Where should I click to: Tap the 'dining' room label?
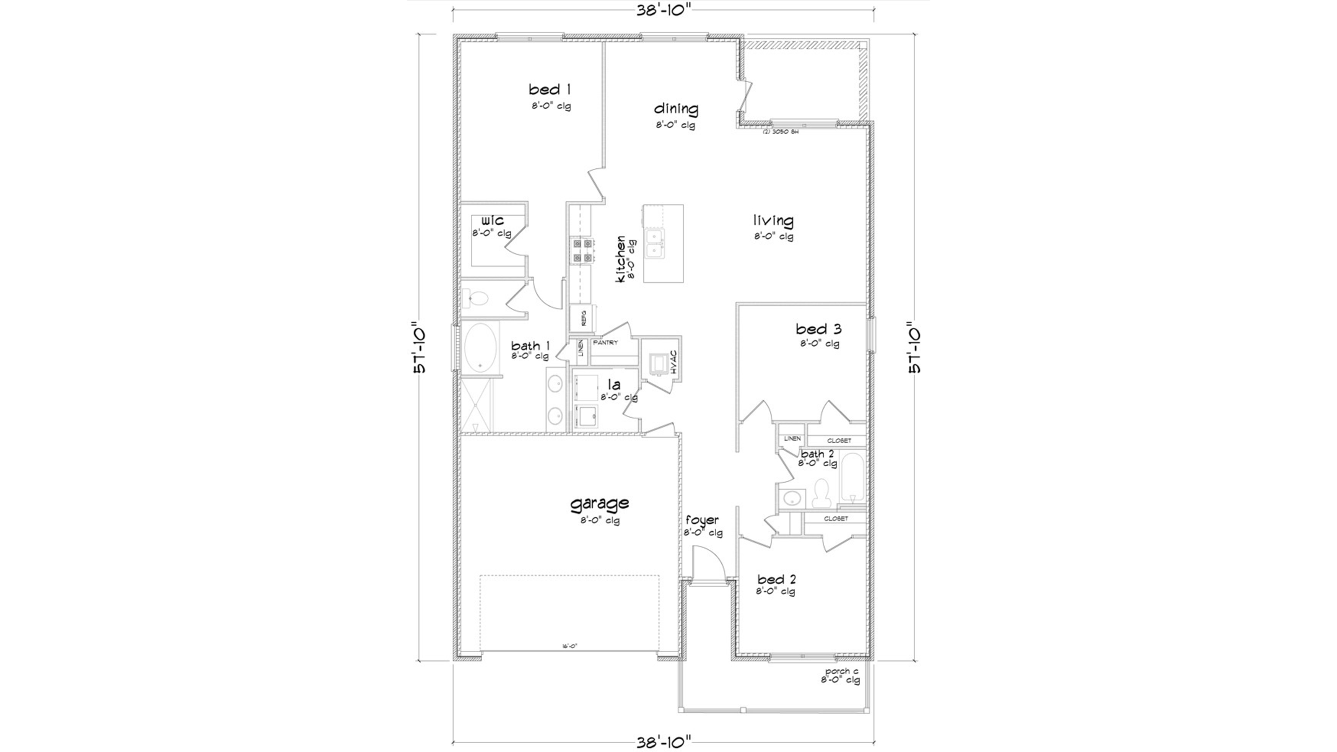676,109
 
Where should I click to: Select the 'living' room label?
773,221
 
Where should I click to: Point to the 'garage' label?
600,503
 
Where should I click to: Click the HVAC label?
673,363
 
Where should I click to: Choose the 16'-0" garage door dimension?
569,646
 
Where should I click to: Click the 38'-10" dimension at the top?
664,10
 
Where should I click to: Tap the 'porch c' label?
841,671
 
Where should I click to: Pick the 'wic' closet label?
492,221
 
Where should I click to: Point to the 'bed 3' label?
818,329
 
